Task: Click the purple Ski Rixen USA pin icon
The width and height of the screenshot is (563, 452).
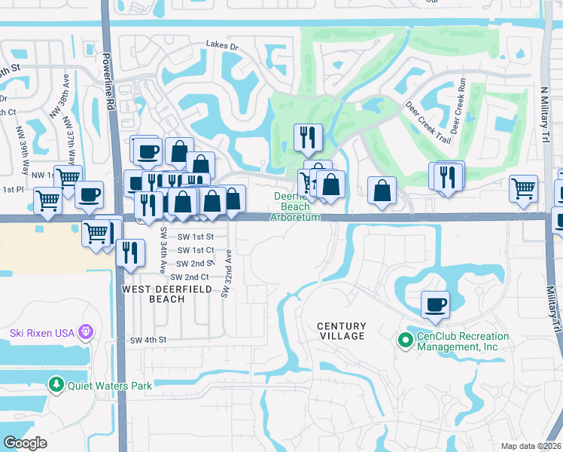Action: click(87, 331)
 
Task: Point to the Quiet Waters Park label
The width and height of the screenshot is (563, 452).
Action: click(109, 386)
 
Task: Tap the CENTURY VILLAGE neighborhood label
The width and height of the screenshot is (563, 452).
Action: click(341, 331)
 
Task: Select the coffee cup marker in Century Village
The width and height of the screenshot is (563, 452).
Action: click(435, 305)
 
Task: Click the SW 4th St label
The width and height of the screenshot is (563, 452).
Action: click(147, 341)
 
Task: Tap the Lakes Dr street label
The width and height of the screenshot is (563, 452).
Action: click(222, 46)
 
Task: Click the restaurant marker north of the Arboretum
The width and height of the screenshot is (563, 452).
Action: click(308, 138)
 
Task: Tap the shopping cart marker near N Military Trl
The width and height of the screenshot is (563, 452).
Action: click(523, 189)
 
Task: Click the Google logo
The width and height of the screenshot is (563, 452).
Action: click(26, 442)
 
